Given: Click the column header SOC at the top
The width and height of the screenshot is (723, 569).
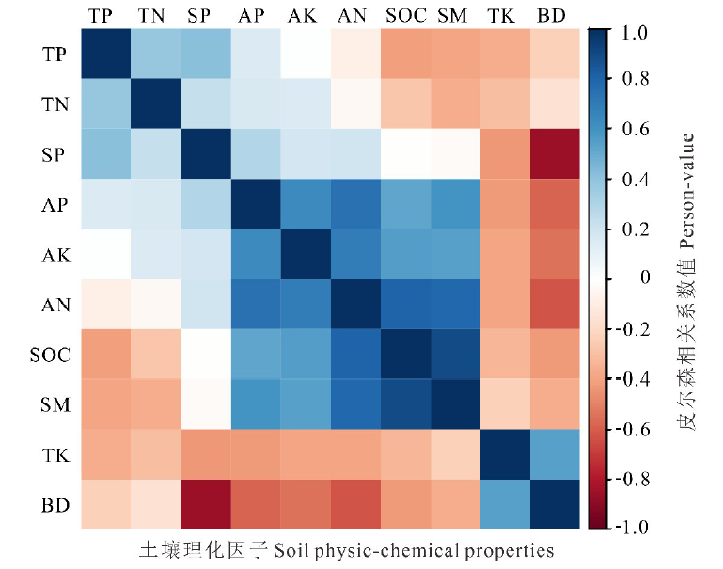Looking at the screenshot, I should (x=405, y=16).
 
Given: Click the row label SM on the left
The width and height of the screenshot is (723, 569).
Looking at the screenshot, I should (x=55, y=404).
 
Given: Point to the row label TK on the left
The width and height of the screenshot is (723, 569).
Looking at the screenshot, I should (x=55, y=454).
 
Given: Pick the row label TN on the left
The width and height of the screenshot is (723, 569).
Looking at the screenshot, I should (x=55, y=105).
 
